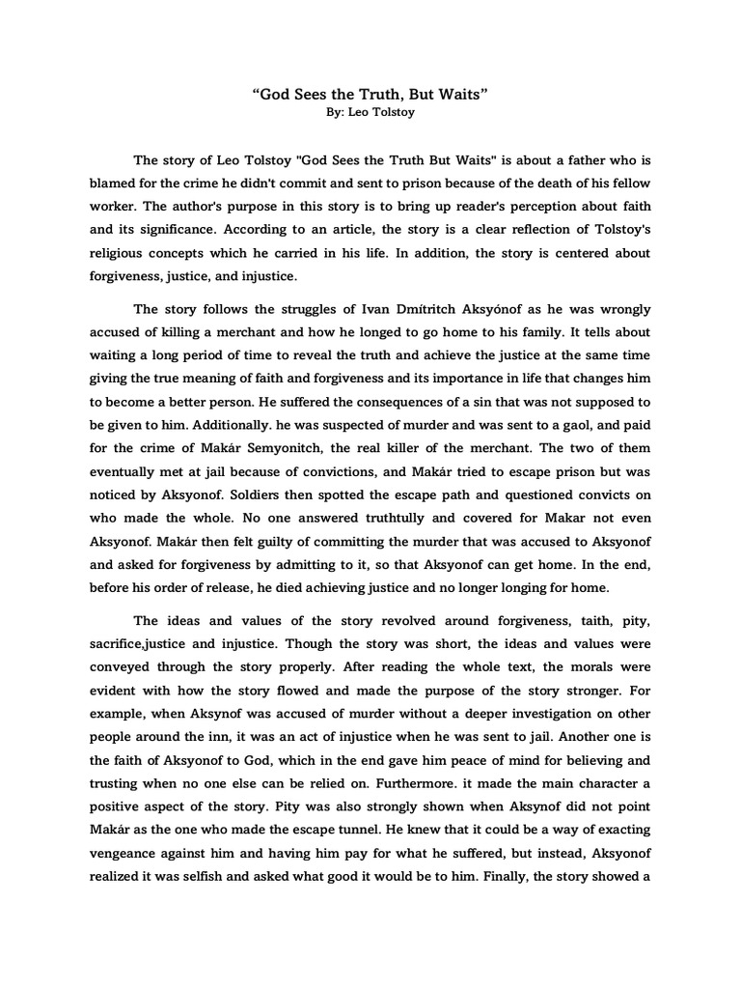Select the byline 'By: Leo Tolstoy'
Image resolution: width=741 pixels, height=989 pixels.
[x=370, y=113]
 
